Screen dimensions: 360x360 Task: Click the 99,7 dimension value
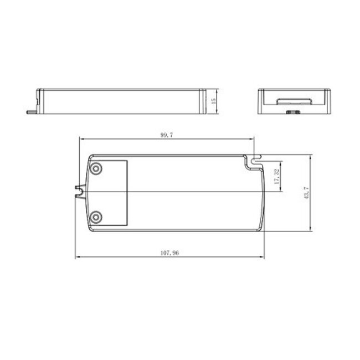pyautogui.click(x=166, y=135)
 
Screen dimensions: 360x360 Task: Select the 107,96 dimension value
pyautogui.click(x=169, y=253)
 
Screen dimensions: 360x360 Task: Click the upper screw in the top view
pyautogui.click(x=96, y=168)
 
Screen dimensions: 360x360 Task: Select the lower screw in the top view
pyautogui.click(x=96, y=216)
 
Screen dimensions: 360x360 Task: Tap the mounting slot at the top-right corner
pyautogui.click(x=255, y=161)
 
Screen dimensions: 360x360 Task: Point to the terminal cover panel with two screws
pyautogui.click(x=109, y=192)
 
